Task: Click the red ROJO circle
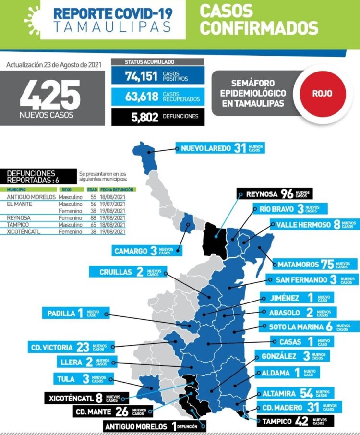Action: [322, 93]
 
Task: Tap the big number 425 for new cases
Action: [50, 94]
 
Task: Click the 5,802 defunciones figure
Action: [144, 117]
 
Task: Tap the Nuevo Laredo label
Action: [220, 148]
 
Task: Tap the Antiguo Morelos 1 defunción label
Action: [155, 426]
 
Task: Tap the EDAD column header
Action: [92, 190]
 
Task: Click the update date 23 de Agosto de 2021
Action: [54, 64]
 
